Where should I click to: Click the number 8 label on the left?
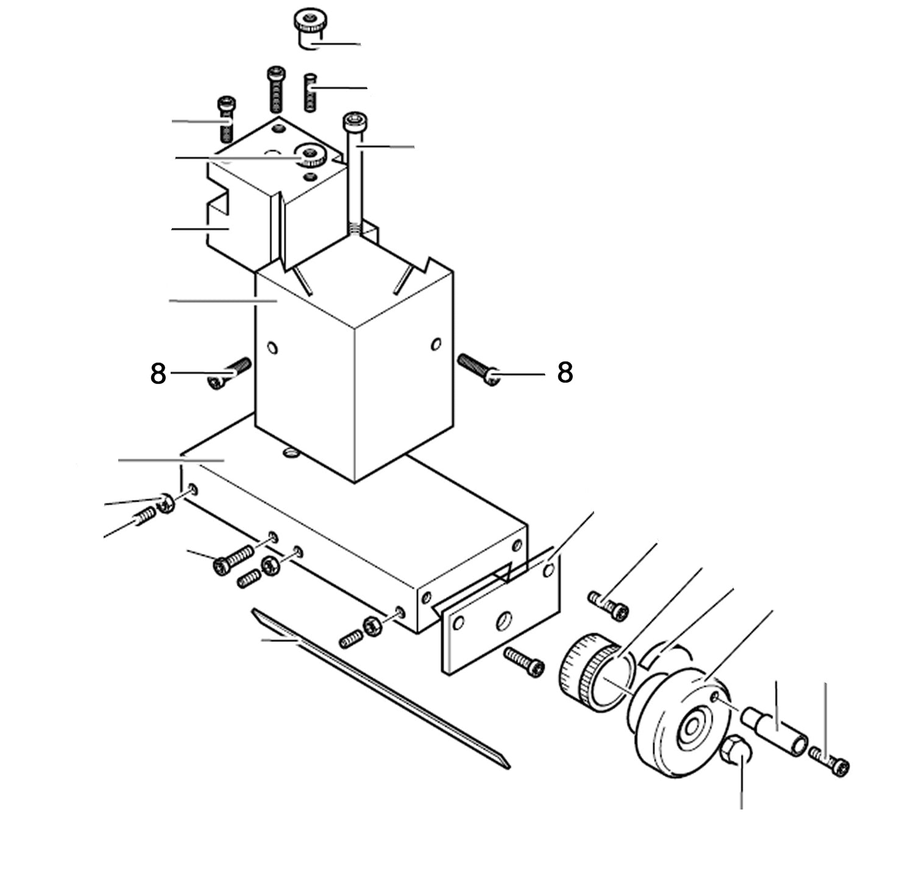click(x=158, y=374)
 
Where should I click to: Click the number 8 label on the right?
click(x=565, y=372)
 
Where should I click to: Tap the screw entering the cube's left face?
click(x=228, y=373)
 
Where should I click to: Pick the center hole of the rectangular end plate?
click(x=505, y=622)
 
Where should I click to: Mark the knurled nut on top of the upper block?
click(x=312, y=155)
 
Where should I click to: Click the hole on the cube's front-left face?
click(x=272, y=349)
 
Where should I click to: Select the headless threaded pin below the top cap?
click(x=310, y=92)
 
